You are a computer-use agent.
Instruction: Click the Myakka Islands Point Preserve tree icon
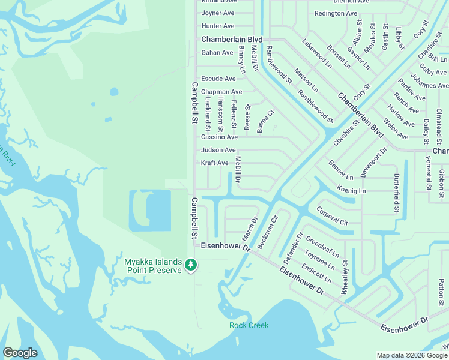pos(191,265)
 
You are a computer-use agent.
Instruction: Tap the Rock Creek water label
pos(249,325)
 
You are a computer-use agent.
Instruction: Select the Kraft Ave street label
pos(214,163)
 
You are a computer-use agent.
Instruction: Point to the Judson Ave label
pos(218,150)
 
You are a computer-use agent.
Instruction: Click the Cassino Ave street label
pos(219,137)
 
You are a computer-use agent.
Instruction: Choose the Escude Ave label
pos(218,79)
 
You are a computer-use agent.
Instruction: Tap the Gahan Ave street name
pos(217,53)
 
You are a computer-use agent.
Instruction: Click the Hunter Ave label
pos(218,26)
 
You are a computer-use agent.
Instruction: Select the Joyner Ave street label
pos(218,13)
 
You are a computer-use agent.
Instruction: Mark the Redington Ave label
pos(336,13)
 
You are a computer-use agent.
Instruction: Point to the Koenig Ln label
pos(351,190)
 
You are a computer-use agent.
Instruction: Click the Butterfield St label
pos(396,194)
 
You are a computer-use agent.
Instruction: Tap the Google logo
pos(20,352)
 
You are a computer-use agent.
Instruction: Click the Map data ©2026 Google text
pos(411,355)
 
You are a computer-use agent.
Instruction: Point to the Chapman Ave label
pos(221,92)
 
